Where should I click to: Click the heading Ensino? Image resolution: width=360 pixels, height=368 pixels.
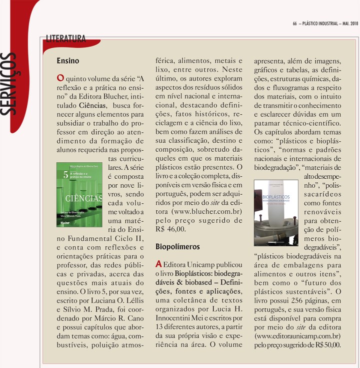coord(68,61)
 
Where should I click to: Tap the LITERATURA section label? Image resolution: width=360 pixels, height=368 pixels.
coord(65,38)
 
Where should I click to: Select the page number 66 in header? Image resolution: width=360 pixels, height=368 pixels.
coord(295,23)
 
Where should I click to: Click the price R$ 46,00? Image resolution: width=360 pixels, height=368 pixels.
coord(170,229)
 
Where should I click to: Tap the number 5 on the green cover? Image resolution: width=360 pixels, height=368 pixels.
coord(65,175)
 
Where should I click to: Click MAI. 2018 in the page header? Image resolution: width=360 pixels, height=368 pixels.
coord(348,23)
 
